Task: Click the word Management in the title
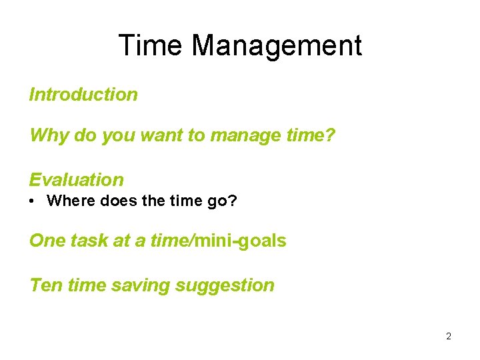click(277, 45)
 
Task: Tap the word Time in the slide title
click(151, 45)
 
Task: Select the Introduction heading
click(83, 95)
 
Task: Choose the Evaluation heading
click(77, 180)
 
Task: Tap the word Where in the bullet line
click(68, 201)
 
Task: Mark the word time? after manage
click(312, 136)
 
